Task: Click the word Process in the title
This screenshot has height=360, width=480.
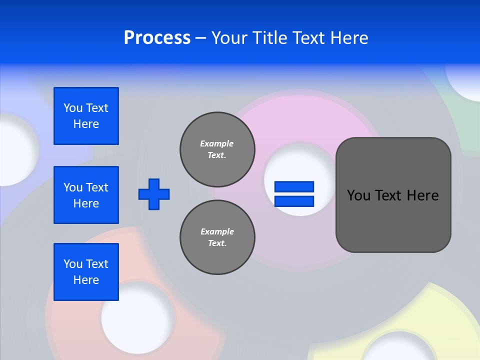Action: click(x=157, y=38)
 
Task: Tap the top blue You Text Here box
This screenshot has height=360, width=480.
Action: click(x=86, y=116)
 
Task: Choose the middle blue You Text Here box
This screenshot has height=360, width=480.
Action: click(x=86, y=195)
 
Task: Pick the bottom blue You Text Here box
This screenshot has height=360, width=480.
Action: click(x=86, y=272)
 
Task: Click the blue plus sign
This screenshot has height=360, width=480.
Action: click(x=154, y=194)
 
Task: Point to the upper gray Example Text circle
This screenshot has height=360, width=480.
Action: click(x=217, y=149)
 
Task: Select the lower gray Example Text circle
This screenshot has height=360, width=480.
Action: click(x=217, y=237)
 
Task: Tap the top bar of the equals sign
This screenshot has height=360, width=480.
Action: click(x=294, y=187)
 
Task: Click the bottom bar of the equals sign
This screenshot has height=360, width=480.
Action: click(x=294, y=201)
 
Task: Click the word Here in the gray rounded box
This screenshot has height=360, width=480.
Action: click(x=422, y=195)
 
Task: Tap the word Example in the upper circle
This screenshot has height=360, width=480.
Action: click(x=216, y=143)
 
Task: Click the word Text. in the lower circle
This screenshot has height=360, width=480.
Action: click(x=217, y=243)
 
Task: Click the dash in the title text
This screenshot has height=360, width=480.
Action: click(x=200, y=38)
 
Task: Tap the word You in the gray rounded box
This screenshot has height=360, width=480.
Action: click(x=358, y=195)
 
